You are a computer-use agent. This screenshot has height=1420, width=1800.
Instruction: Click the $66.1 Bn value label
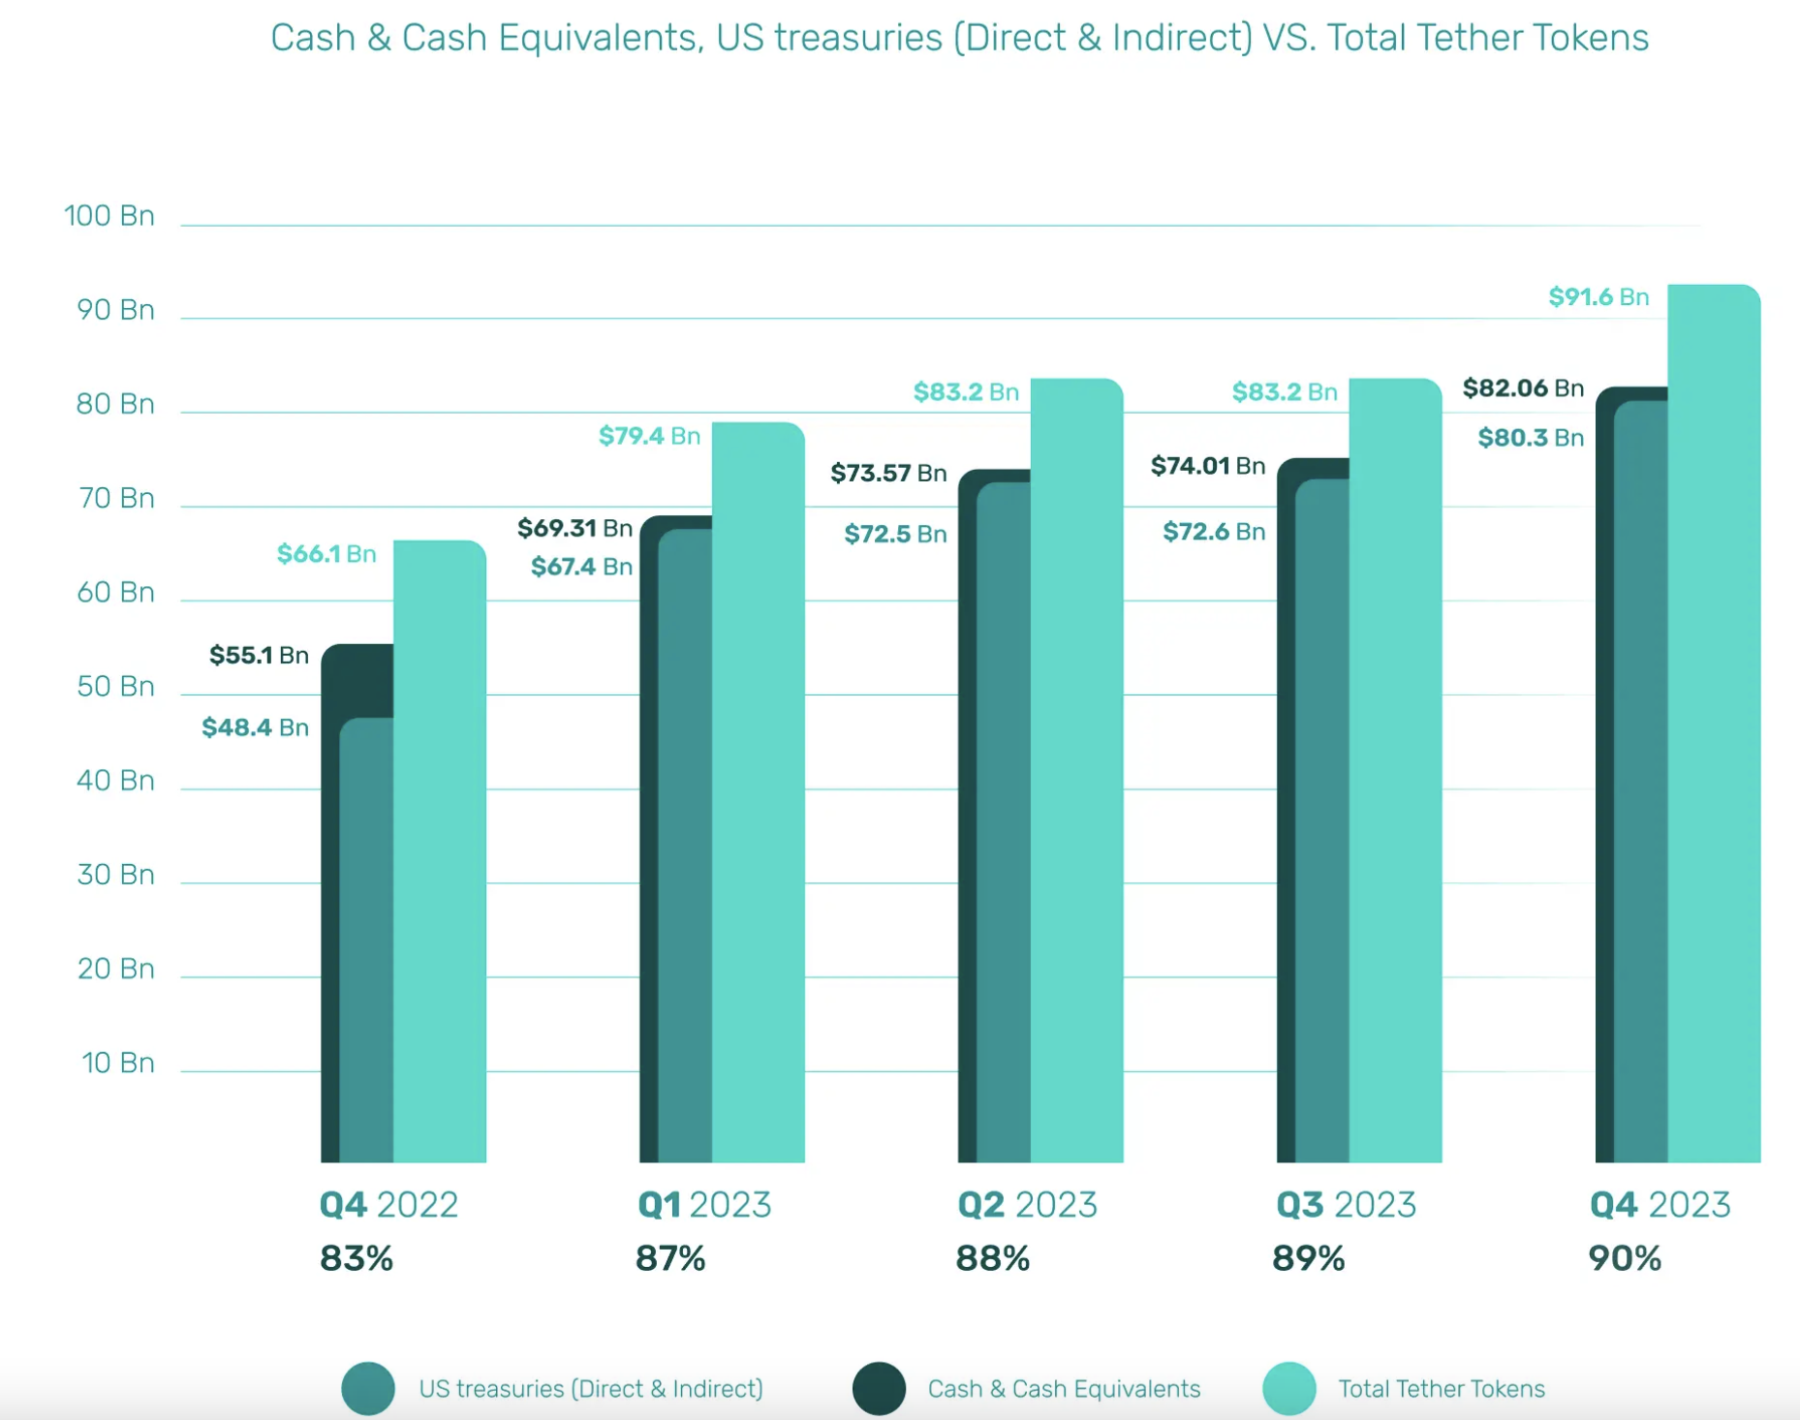coord(326,554)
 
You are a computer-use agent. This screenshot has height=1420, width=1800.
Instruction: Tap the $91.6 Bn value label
coord(1598,297)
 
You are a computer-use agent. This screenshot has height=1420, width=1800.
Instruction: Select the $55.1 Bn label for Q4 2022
coord(259,656)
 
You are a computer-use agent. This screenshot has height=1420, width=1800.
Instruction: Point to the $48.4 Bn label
coord(255,727)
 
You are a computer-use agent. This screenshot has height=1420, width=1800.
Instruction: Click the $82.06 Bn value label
coord(1523,388)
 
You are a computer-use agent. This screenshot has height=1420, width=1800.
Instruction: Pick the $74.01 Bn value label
coord(1207,466)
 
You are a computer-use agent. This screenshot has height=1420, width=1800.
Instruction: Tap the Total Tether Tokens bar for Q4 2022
coord(440,852)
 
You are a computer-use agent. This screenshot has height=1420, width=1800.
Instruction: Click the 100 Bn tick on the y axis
coord(109,216)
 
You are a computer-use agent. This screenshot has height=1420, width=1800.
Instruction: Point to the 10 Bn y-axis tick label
coord(117,1063)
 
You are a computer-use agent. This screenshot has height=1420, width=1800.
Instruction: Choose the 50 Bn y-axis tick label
coord(115,687)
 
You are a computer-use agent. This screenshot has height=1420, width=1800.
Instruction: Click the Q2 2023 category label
coord(1027,1205)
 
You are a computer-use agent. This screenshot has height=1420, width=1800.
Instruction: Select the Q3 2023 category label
coord(1346,1205)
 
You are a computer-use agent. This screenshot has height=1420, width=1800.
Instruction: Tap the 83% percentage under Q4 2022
coord(357,1258)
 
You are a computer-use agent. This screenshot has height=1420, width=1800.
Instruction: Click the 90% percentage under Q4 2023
coord(1625,1258)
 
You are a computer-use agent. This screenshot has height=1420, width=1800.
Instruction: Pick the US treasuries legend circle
coord(368,1388)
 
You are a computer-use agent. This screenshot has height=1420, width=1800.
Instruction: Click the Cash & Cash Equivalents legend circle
coord(879,1388)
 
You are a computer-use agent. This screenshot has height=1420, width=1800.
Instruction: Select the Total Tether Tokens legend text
coord(1441,1389)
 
